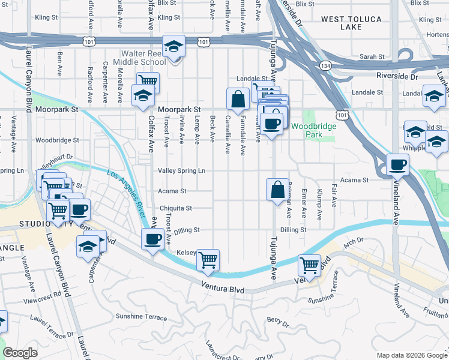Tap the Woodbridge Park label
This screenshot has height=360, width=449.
tap(307, 130)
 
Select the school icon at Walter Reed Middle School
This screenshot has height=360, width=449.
tap(173, 46)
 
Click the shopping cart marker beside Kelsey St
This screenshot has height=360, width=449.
tap(208, 260)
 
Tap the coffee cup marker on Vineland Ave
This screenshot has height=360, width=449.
tap(397, 164)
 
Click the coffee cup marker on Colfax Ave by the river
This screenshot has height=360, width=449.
tap(152, 239)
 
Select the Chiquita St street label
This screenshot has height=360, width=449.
tap(175, 208)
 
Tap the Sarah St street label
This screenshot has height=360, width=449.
tap(372, 56)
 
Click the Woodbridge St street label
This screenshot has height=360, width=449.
tap(57, 140)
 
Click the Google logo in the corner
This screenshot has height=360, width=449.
tap(20, 353)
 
